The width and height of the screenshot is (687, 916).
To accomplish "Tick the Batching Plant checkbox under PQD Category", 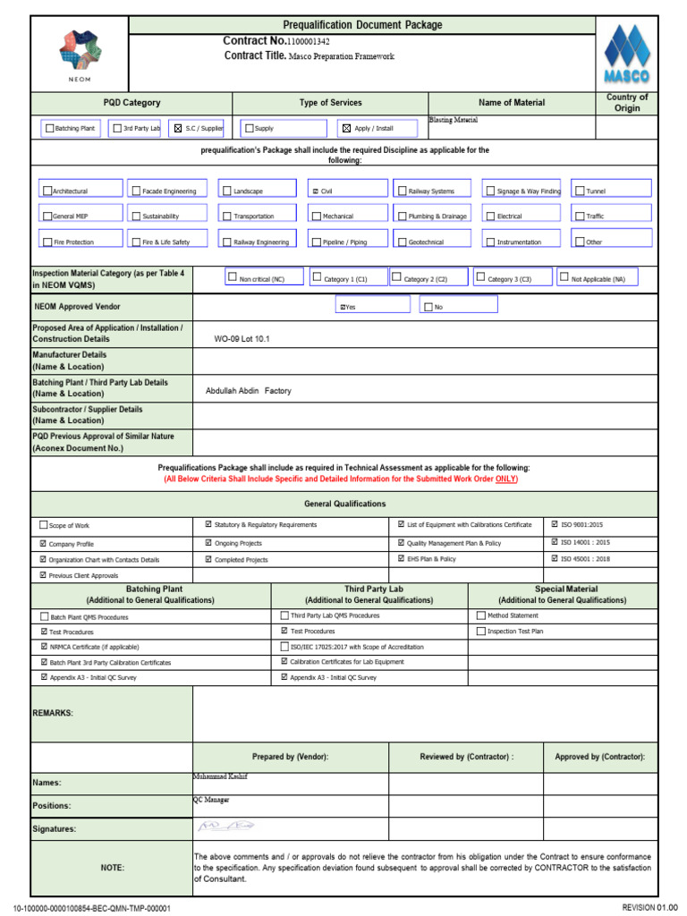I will [x=50, y=129].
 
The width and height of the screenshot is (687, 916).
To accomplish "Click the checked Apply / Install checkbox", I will [x=347, y=129].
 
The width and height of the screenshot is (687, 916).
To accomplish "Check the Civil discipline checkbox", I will [x=315, y=191].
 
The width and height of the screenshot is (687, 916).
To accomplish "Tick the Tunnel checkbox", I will [x=581, y=191].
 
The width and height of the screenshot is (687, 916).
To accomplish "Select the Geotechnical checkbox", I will [x=402, y=242].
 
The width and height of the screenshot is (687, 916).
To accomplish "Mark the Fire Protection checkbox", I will [x=47, y=242].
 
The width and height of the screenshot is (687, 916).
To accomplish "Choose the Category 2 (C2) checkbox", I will [x=396, y=278].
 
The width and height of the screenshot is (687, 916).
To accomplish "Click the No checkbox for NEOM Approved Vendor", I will [x=428, y=307].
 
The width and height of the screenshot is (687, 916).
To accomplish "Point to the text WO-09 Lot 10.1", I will [x=242, y=339].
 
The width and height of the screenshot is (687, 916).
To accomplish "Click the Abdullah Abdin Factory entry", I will [x=248, y=391].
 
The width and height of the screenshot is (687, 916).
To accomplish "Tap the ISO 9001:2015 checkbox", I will [x=555, y=524].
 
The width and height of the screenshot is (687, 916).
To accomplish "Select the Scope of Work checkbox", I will [x=44, y=525].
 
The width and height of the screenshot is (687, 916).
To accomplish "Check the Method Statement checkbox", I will [x=480, y=615].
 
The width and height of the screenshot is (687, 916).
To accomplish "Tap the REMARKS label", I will [x=53, y=713].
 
